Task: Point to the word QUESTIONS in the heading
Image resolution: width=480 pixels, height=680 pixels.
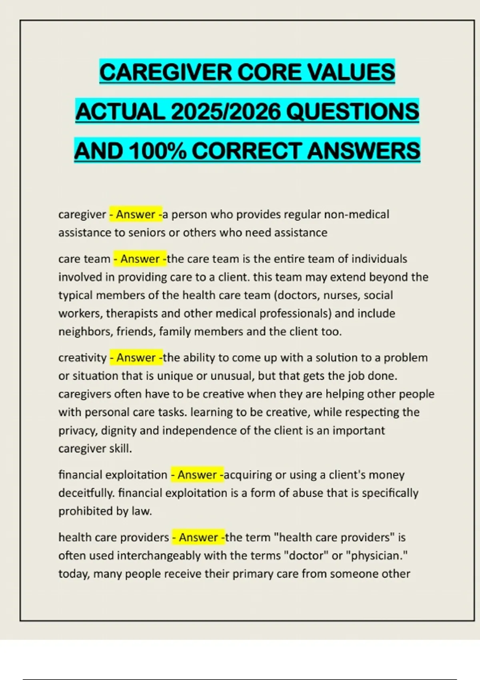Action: click(353, 111)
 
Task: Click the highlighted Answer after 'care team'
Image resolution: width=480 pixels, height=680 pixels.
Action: click(140, 259)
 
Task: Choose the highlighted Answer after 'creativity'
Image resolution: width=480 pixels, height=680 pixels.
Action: click(136, 357)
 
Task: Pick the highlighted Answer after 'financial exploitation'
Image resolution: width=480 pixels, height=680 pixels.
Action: click(197, 475)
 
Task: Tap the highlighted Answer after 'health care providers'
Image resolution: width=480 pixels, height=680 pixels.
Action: click(198, 537)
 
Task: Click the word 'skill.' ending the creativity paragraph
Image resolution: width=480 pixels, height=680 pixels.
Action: click(121, 448)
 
